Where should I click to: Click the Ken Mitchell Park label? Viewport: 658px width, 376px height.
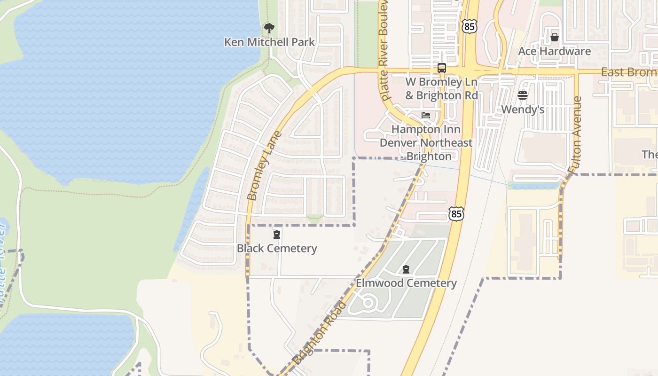[269, 42]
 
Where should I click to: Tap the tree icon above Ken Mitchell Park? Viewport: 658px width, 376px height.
[269, 28]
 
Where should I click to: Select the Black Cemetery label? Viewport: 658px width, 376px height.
[277, 248]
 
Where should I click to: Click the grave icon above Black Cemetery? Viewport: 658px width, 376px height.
[277, 234]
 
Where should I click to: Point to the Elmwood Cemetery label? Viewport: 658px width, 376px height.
[406, 283]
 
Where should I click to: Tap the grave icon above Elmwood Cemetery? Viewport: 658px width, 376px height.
[406, 269]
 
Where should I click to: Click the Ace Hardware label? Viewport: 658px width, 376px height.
[555, 51]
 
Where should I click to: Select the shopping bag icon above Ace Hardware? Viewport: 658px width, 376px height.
[555, 37]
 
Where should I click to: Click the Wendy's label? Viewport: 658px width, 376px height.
[523, 109]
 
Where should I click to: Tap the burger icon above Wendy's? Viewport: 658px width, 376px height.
[523, 95]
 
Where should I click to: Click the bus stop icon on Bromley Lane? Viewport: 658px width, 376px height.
[442, 68]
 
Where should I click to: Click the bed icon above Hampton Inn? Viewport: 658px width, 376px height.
[426, 115]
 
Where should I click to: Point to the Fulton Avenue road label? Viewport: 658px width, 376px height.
[575, 134]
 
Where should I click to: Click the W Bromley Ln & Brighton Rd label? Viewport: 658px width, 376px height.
[441, 88]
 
